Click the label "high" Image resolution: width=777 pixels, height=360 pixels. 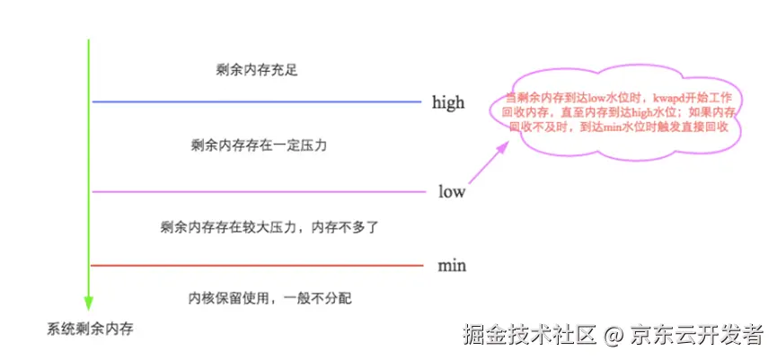(448, 102)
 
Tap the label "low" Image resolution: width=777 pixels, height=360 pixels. (452, 191)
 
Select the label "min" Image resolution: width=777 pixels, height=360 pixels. (452, 266)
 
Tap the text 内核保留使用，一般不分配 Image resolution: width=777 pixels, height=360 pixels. (257, 296)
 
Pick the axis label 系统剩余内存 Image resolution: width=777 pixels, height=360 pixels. (90, 329)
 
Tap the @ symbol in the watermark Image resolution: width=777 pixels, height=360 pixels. (614, 337)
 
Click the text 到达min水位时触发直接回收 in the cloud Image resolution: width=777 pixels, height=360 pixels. (652, 128)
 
